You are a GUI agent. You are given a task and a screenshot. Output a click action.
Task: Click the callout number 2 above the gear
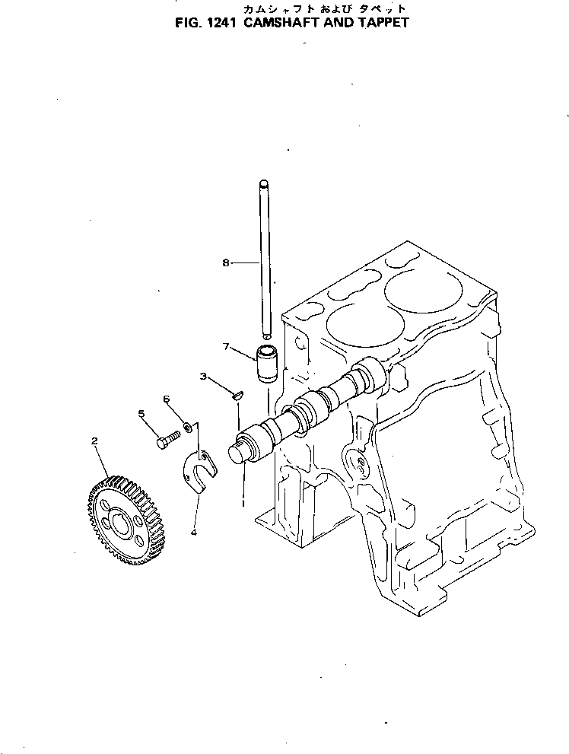pyautogui.click(x=94, y=441)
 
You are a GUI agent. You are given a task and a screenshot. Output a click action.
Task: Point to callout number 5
pyautogui.click(x=141, y=414)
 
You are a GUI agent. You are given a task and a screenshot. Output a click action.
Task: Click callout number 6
pyautogui.click(x=167, y=399)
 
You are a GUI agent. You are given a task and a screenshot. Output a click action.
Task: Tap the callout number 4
pyautogui.click(x=193, y=533)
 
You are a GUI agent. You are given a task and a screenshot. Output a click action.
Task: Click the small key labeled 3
pyautogui.click(x=237, y=395)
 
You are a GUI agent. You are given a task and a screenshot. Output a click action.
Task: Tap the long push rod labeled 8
pyautogui.click(x=264, y=259)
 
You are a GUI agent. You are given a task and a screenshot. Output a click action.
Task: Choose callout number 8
pyautogui.click(x=225, y=262)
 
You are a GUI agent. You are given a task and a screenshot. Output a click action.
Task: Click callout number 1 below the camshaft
pyautogui.click(x=243, y=501)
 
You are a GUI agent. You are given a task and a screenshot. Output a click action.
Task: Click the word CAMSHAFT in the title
pyautogui.click(x=279, y=22)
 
